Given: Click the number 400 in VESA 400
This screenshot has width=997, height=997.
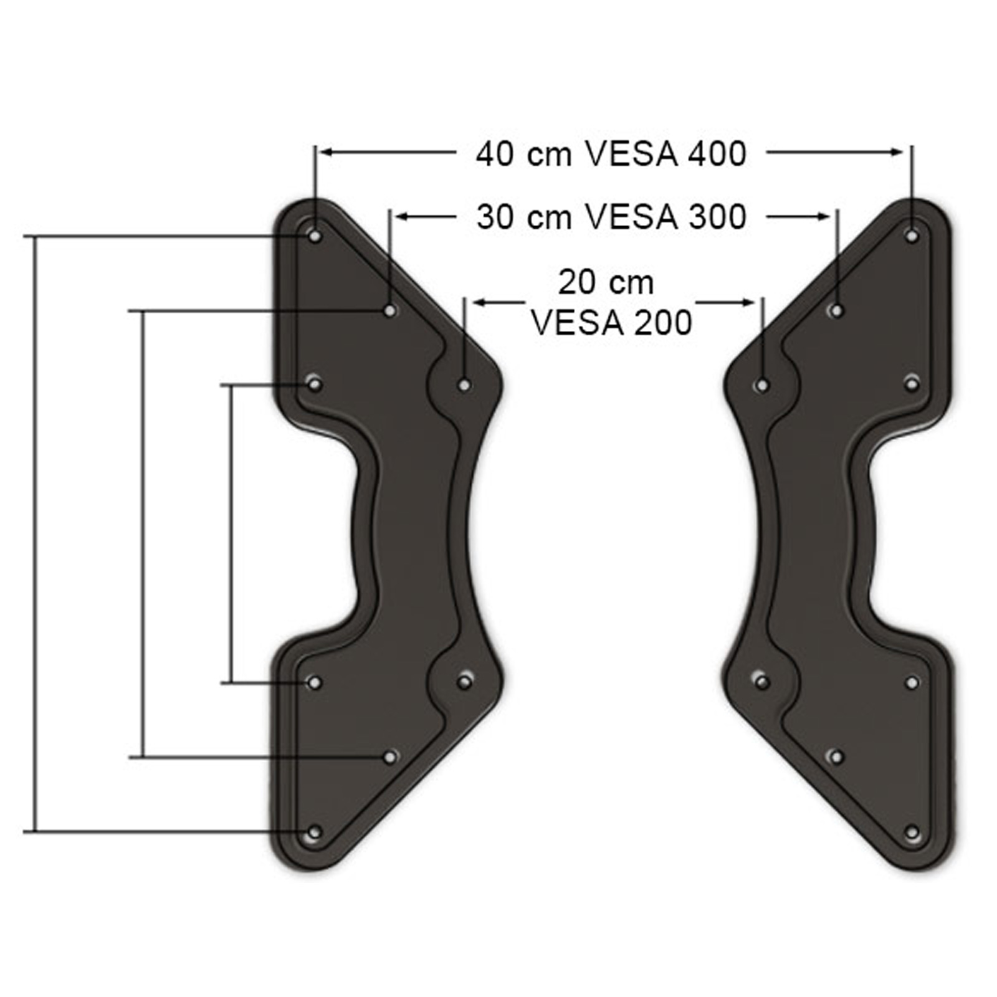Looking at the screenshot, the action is point(717,154).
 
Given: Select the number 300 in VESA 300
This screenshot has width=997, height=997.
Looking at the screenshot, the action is point(717,217).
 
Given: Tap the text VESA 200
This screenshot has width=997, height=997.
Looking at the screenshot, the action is point(611,323).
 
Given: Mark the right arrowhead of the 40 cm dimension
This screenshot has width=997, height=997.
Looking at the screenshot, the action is point(897,151).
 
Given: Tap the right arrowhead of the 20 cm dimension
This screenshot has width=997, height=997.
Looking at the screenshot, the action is point(748,302).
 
